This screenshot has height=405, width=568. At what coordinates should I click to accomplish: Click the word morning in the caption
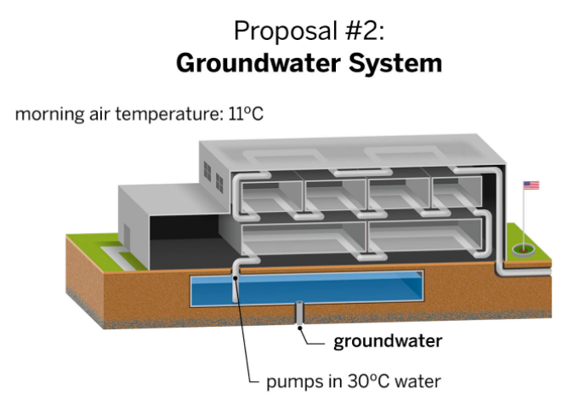(47, 113)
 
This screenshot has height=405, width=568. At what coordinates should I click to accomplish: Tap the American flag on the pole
(531, 185)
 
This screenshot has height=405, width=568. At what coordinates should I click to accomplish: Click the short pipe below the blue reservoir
(299, 315)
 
